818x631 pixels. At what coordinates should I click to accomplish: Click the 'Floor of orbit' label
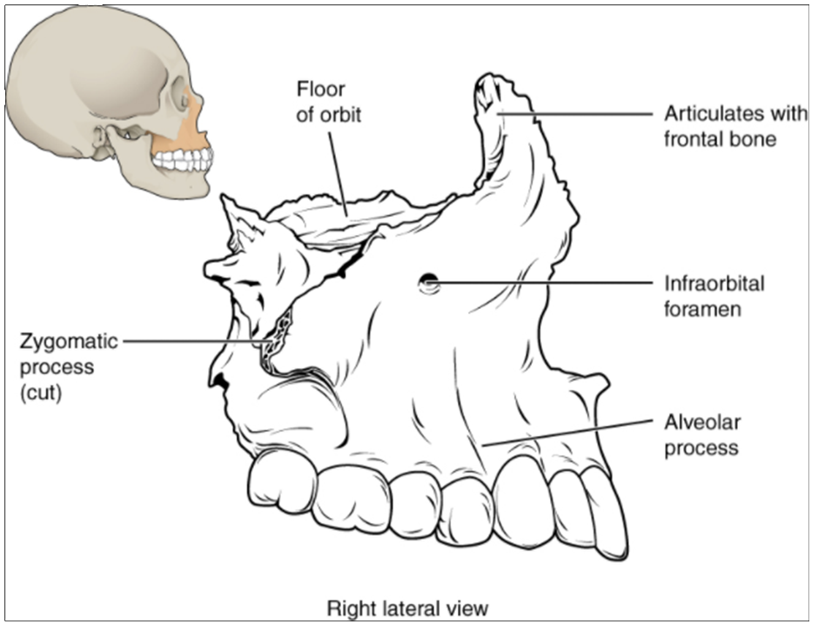pyautogui.click(x=321, y=102)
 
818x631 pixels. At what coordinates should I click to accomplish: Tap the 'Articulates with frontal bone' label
pyautogui.click(x=721, y=125)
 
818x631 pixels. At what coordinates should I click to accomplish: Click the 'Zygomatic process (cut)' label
pyautogui.click(x=60, y=366)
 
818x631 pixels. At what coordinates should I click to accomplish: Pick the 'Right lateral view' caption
pyautogui.click(x=407, y=608)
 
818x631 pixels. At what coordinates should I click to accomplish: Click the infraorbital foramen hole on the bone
pyautogui.click(x=427, y=282)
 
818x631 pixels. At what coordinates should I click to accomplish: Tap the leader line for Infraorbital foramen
pyautogui.click(x=540, y=282)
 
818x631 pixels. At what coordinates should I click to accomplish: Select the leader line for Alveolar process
pyautogui.click(x=566, y=433)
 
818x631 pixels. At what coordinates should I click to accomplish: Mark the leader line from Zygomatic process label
pyautogui.click(x=191, y=342)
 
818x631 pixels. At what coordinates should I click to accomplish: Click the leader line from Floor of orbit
pyautogui.click(x=338, y=165)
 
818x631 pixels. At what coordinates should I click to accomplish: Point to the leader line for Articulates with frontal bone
pyautogui.click(x=574, y=112)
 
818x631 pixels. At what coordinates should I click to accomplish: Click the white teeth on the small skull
pyautogui.click(x=183, y=160)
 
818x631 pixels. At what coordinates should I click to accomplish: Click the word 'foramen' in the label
pyautogui.click(x=702, y=308)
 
